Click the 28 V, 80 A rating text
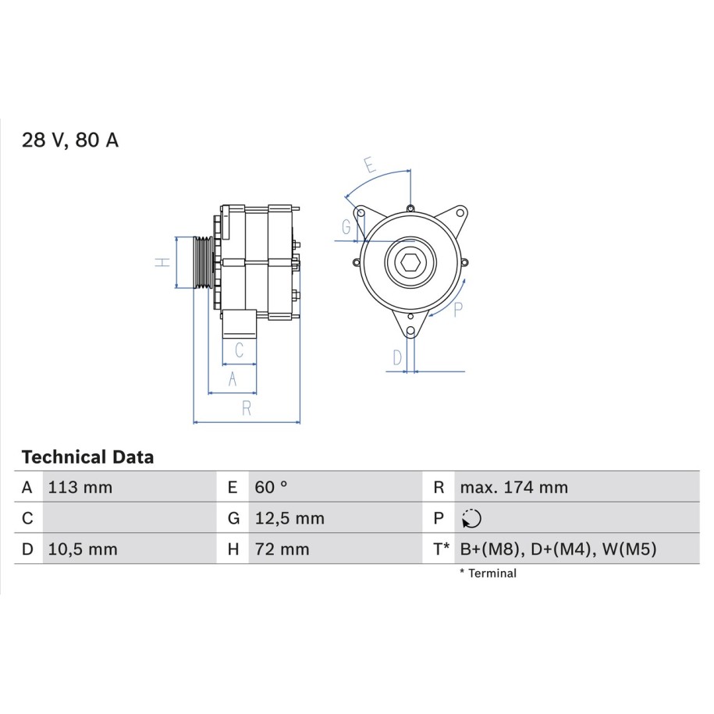coord(70,140)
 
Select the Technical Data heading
coord(88,457)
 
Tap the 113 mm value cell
coord(80,487)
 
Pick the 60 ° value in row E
coord(272,487)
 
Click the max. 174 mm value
coord(514,487)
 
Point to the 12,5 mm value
coord(290,518)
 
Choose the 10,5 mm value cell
coord(83,549)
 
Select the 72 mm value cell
coord(282,549)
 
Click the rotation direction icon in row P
coord(472,519)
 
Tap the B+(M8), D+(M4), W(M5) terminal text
coord(558,549)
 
